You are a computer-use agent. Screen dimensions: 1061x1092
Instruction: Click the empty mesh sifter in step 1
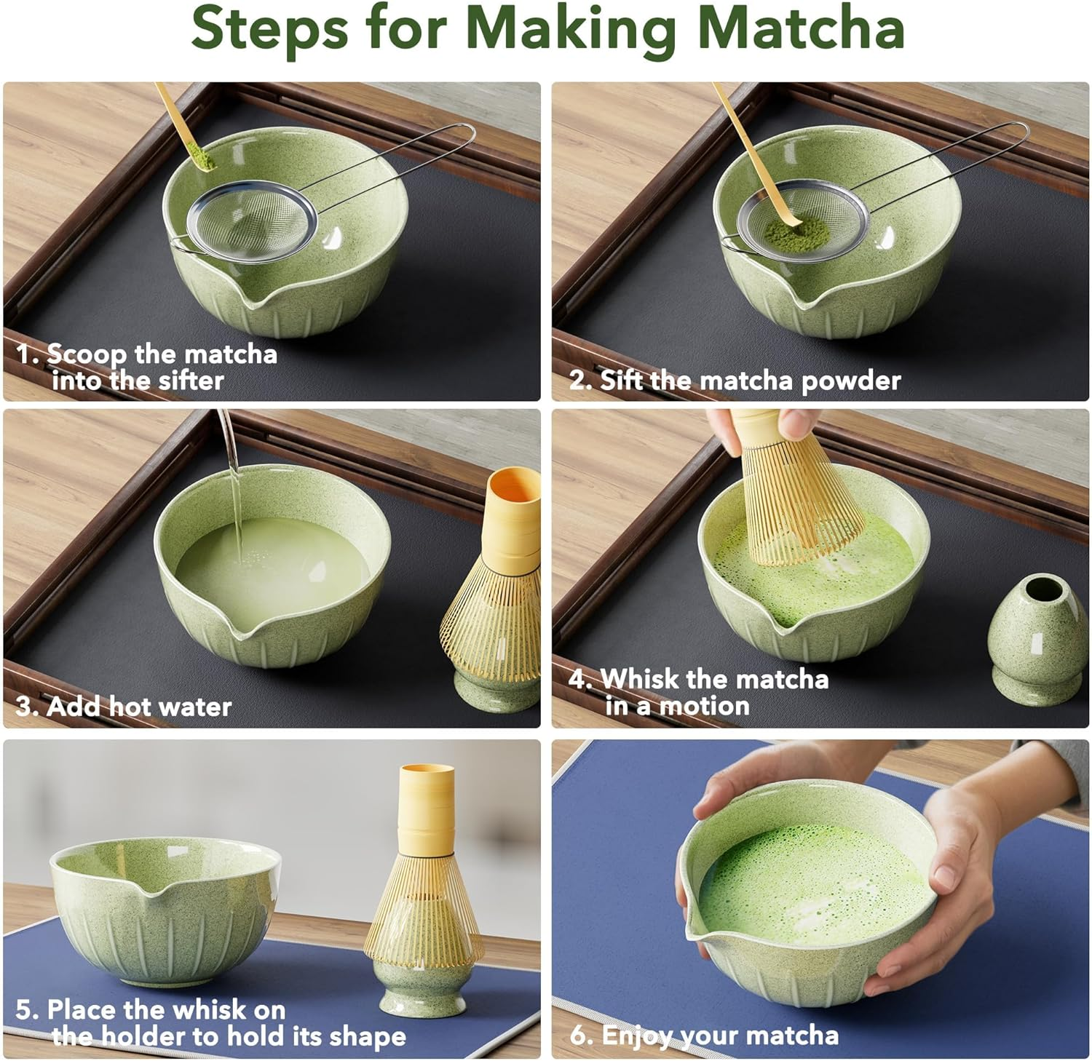pyautogui.click(x=251, y=223)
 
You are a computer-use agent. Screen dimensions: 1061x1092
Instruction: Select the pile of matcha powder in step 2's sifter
pyautogui.click(x=799, y=233)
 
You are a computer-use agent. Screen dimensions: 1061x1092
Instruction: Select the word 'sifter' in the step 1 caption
pyautogui.click(x=189, y=381)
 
